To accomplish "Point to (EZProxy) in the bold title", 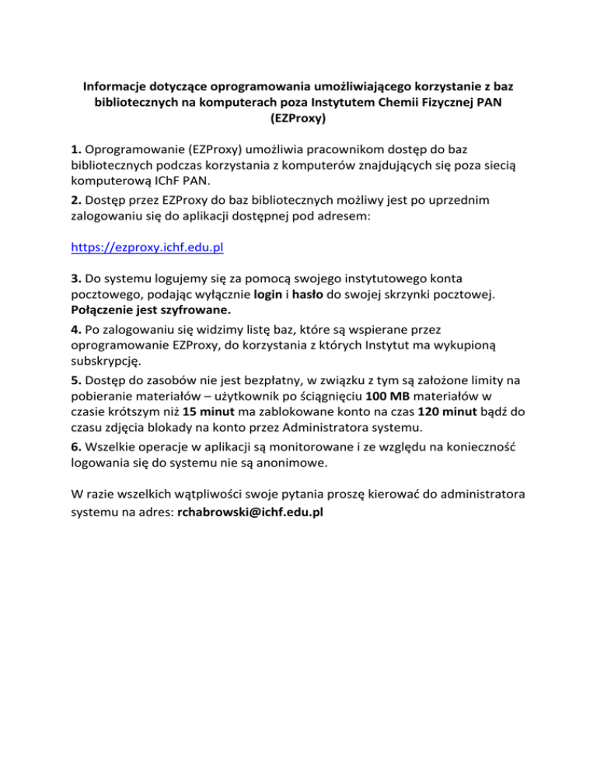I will click(298, 120).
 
